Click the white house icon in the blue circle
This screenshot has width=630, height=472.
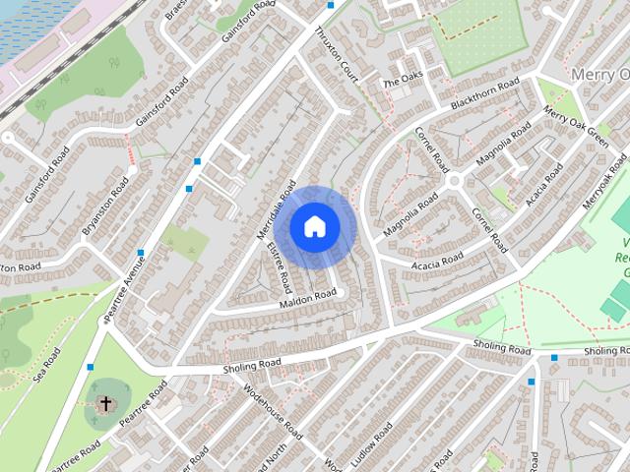[314, 226]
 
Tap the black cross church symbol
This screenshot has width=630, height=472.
[105, 403]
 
